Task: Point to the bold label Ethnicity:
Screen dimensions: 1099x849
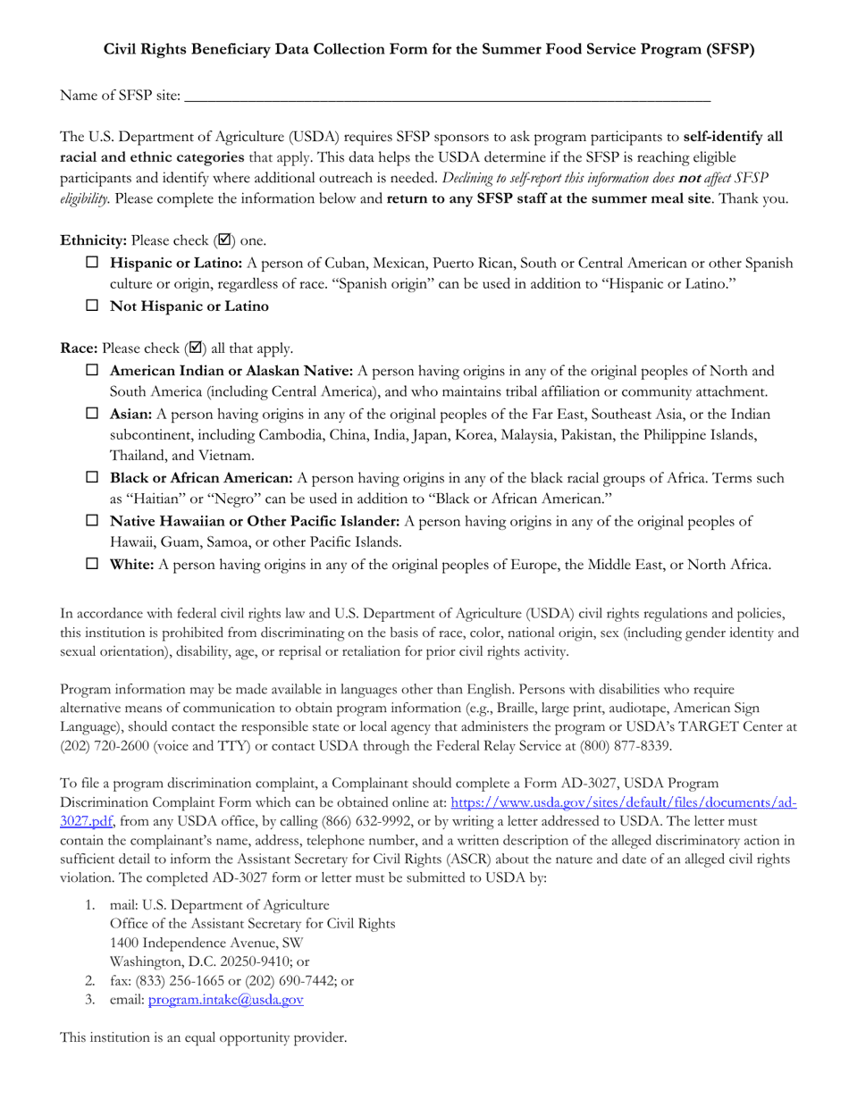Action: point(93,241)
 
